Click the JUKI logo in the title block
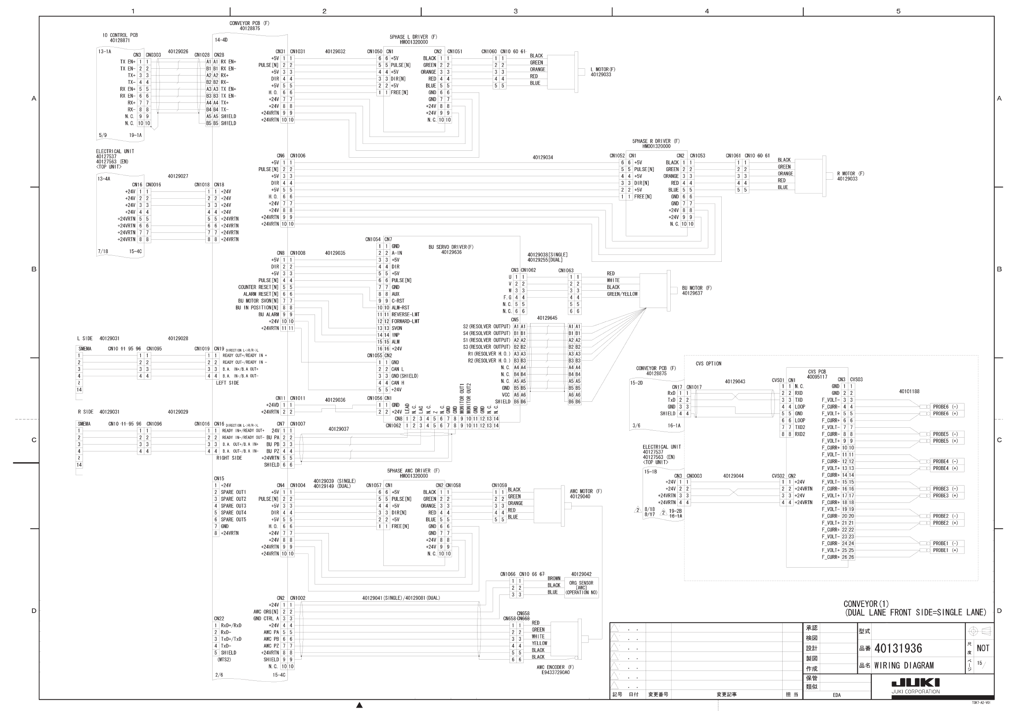tap(915, 683)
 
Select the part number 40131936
tap(898, 648)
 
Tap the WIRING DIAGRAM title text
tap(904, 665)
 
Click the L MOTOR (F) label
tap(602, 70)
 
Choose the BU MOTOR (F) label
tap(697, 288)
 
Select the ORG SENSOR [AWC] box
tap(581, 588)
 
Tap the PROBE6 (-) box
tap(945, 407)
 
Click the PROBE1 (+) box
tap(945, 550)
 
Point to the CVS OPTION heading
tap(708, 364)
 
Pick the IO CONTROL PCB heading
tap(120, 35)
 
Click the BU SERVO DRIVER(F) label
tap(450, 247)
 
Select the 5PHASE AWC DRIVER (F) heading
tap(413, 471)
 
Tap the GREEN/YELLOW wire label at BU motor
tap(622, 294)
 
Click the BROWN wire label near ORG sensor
tap(554, 578)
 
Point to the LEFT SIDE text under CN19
tap(227, 383)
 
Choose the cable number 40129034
tap(542, 158)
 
